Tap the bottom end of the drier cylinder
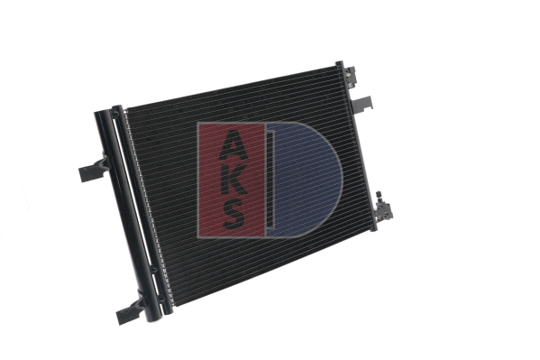point(152,313)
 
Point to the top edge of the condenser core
point(234,88)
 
